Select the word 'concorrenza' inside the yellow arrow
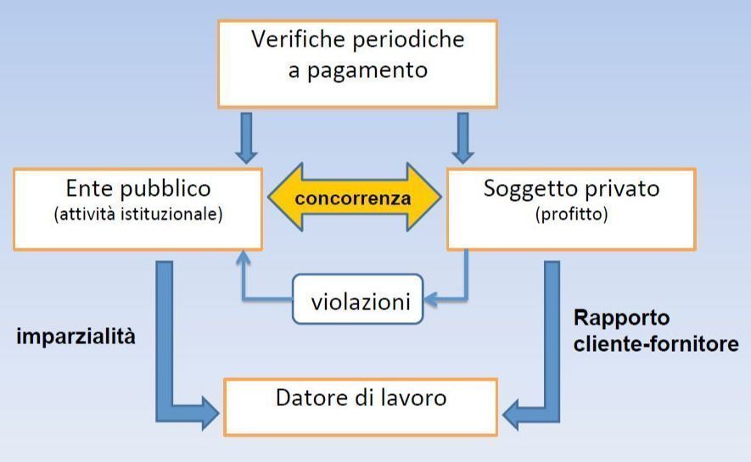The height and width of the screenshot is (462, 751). [354, 199]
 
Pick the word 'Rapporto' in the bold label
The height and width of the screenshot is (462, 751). [621, 319]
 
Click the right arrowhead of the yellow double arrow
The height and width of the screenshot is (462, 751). [430, 198]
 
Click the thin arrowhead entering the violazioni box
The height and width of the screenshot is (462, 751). [430, 298]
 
